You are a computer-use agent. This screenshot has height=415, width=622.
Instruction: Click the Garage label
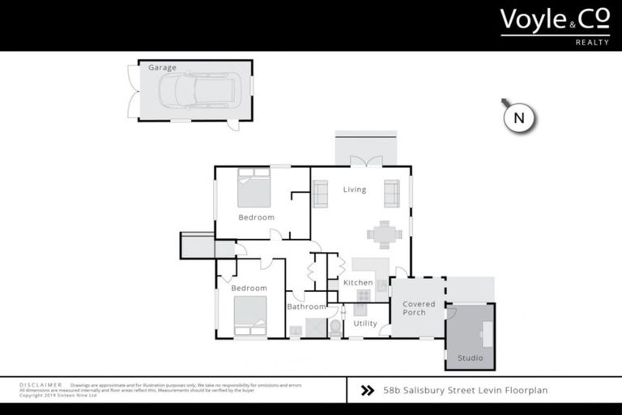tap(162, 68)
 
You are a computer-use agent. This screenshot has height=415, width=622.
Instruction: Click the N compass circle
tap(520, 118)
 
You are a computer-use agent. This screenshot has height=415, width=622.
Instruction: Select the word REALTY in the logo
tap(591, 42)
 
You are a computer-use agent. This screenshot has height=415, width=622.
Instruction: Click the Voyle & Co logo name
tap(554, 19)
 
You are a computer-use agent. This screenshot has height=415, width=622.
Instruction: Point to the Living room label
tap(355, 190)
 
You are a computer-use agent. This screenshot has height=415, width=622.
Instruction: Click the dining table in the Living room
tap(384, 235)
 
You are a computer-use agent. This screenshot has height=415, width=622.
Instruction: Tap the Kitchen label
tap(358, 283)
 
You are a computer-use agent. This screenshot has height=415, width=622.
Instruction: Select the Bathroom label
tap(306, 307)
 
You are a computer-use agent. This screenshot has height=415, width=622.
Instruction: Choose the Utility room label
tap(365, 323)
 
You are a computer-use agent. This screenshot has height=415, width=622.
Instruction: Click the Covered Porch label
tap(419, 308)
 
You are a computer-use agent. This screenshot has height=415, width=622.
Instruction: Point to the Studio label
tap(470, 357)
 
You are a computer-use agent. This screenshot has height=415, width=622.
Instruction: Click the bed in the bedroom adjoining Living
tap(253, 188)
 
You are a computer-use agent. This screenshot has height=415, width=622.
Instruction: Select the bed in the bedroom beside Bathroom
tap(250, 316)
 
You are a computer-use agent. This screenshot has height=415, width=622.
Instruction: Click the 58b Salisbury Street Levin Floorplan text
tap(466, 390)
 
